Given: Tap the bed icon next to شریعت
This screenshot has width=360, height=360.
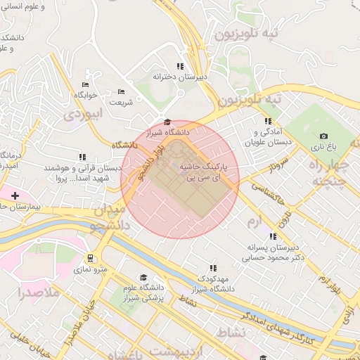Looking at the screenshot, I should [121, 91].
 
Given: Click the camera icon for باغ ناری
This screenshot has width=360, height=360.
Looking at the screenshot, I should [323, 136].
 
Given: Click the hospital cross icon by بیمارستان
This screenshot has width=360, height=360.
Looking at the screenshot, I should [15, 194].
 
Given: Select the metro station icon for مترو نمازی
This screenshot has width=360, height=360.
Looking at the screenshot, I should [90, 258].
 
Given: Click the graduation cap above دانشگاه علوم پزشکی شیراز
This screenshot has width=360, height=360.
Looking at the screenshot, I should [143, 278].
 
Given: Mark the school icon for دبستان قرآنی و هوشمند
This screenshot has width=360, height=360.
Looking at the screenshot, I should [82, 157].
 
